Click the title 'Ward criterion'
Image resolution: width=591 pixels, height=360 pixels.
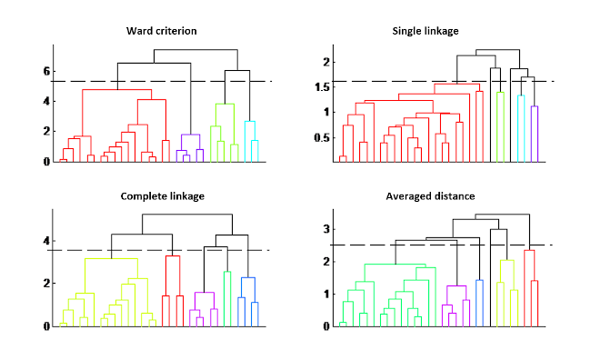161,32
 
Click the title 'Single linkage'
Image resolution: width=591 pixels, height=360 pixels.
426,32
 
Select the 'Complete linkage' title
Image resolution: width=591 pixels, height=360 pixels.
162,195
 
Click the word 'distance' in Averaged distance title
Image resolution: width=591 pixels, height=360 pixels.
448,195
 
